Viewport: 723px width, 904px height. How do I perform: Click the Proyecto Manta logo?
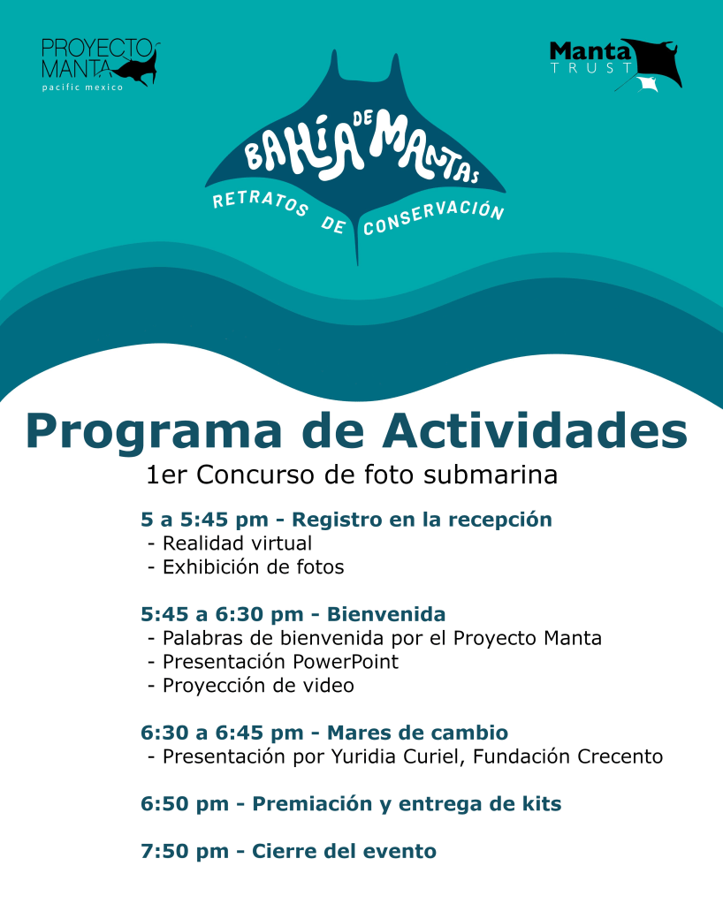point(99,64)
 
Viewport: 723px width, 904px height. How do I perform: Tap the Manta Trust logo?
point(615,65)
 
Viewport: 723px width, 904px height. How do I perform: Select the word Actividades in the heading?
point(533,431)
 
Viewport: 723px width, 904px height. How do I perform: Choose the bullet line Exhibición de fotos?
point(252,567)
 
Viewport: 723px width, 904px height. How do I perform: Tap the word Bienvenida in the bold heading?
point(386,614)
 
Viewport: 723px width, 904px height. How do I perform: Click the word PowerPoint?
point(348,662)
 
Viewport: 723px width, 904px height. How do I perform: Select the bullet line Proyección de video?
point(257,686)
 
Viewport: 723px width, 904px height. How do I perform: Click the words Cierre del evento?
point(344,853)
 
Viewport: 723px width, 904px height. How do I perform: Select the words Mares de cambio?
point(417,733)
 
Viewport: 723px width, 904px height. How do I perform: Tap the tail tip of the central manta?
point(358,262)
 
